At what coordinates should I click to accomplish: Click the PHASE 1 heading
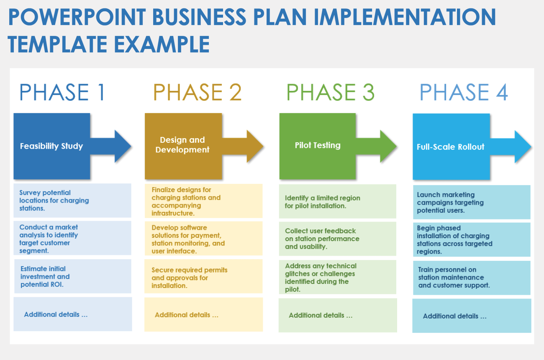point(62,93)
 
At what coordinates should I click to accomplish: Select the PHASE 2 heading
point(197,93)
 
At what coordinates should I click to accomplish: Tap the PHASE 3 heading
point(330,93)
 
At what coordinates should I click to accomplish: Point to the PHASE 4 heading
point(464,93)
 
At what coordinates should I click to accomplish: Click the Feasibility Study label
point(51,146)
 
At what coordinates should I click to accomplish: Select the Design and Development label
point(182,145)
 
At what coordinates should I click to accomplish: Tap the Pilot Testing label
point(318,145)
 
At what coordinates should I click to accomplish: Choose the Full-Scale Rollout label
point(450,147)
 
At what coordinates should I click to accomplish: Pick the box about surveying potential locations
point(72,201)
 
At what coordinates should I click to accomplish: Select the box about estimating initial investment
point(72,277)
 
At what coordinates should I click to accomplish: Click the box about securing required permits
point(203,278)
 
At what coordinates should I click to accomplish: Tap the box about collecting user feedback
point(337,239)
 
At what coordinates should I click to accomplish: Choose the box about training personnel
point(471,278)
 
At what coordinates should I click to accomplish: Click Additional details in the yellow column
point(187,315)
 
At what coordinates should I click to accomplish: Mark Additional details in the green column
point(321,315)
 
